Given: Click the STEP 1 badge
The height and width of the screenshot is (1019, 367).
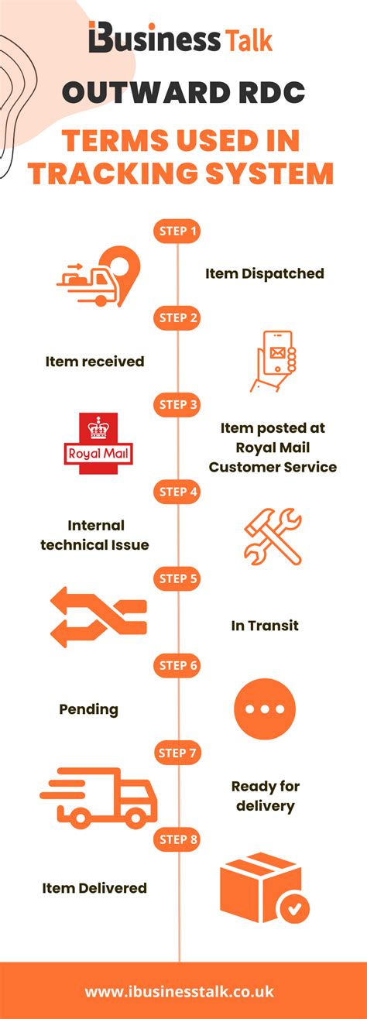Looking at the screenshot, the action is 177,231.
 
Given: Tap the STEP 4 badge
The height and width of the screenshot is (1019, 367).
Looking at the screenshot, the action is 177,492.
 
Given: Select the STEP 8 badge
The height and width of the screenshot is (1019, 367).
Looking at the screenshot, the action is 177,839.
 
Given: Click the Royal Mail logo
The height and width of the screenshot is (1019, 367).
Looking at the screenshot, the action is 98,443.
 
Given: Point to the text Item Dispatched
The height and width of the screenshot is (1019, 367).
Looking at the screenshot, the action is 265,273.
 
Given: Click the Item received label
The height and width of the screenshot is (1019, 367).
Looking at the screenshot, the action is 94,362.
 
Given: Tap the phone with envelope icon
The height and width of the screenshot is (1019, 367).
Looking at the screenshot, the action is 273,361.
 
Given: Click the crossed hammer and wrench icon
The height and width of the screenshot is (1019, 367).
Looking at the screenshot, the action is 273,536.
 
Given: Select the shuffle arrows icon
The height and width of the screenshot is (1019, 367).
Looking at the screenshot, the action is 98,617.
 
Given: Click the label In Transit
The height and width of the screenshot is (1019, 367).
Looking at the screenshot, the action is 265,626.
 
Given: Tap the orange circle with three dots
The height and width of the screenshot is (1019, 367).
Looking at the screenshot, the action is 265,708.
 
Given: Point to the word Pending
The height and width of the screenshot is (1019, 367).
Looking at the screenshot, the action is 89,709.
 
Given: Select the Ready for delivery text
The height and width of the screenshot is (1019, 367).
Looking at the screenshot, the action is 266,796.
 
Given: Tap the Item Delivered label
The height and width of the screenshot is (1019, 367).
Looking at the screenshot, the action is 94,887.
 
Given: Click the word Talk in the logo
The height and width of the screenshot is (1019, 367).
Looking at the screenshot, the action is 249,40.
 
